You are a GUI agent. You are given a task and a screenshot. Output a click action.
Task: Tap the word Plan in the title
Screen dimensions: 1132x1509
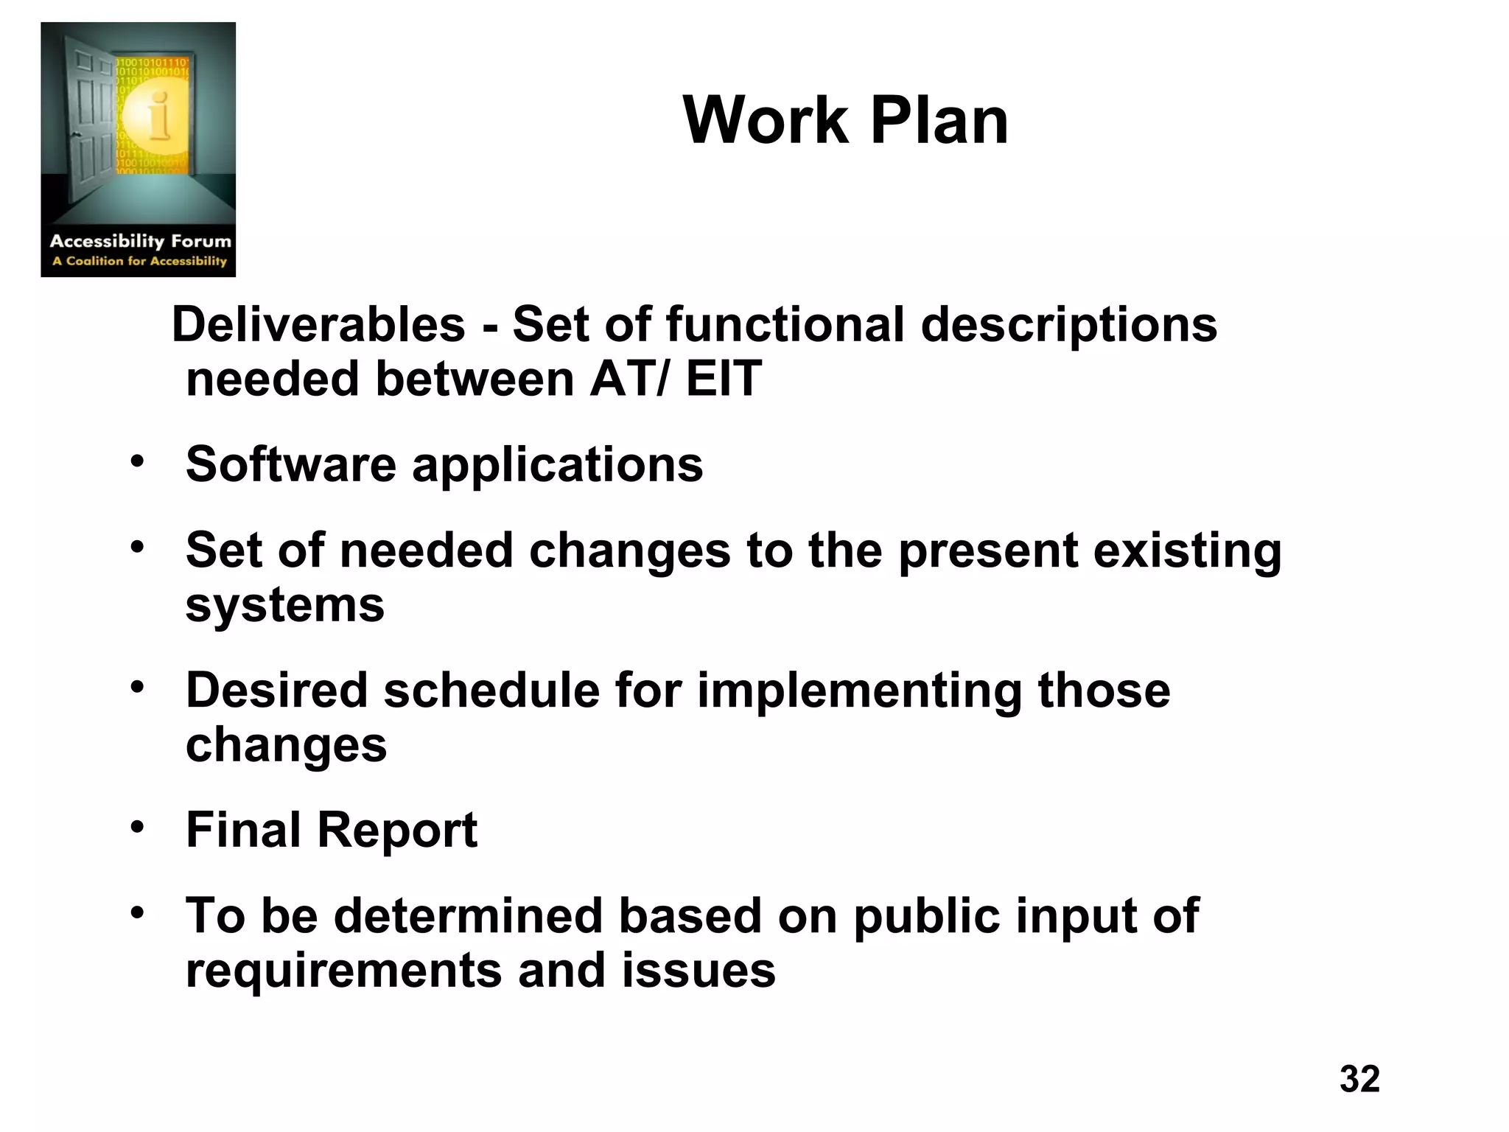tap(939, 121)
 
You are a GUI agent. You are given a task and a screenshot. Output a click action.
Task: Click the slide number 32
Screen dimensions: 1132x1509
tap(1359, 1079)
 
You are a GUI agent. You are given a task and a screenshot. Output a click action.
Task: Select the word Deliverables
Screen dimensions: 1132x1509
tap(318, 324)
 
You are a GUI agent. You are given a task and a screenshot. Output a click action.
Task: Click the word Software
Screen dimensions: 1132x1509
tap(290, 464)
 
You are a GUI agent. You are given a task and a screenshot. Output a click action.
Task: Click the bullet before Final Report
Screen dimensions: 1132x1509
tap(137, 827)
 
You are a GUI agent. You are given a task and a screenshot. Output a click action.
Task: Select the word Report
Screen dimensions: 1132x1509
tap(397, 830)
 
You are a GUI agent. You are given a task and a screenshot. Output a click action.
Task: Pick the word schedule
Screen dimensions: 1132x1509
tap(491, 691)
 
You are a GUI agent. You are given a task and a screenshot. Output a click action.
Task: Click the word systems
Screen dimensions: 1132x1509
tap(284, 605)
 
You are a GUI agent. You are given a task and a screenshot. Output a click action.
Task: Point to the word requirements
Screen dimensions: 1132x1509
tap(343, 971)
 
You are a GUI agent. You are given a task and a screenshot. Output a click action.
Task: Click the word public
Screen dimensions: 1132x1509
tap(926, 917)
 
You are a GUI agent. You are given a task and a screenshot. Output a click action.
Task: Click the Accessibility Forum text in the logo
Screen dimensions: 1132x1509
tap(140, 241)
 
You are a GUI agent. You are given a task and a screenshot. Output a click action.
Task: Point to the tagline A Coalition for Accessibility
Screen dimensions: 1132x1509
tap(139, 261)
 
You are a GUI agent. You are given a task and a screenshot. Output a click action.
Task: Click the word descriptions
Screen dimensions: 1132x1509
tap(1068, 324)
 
